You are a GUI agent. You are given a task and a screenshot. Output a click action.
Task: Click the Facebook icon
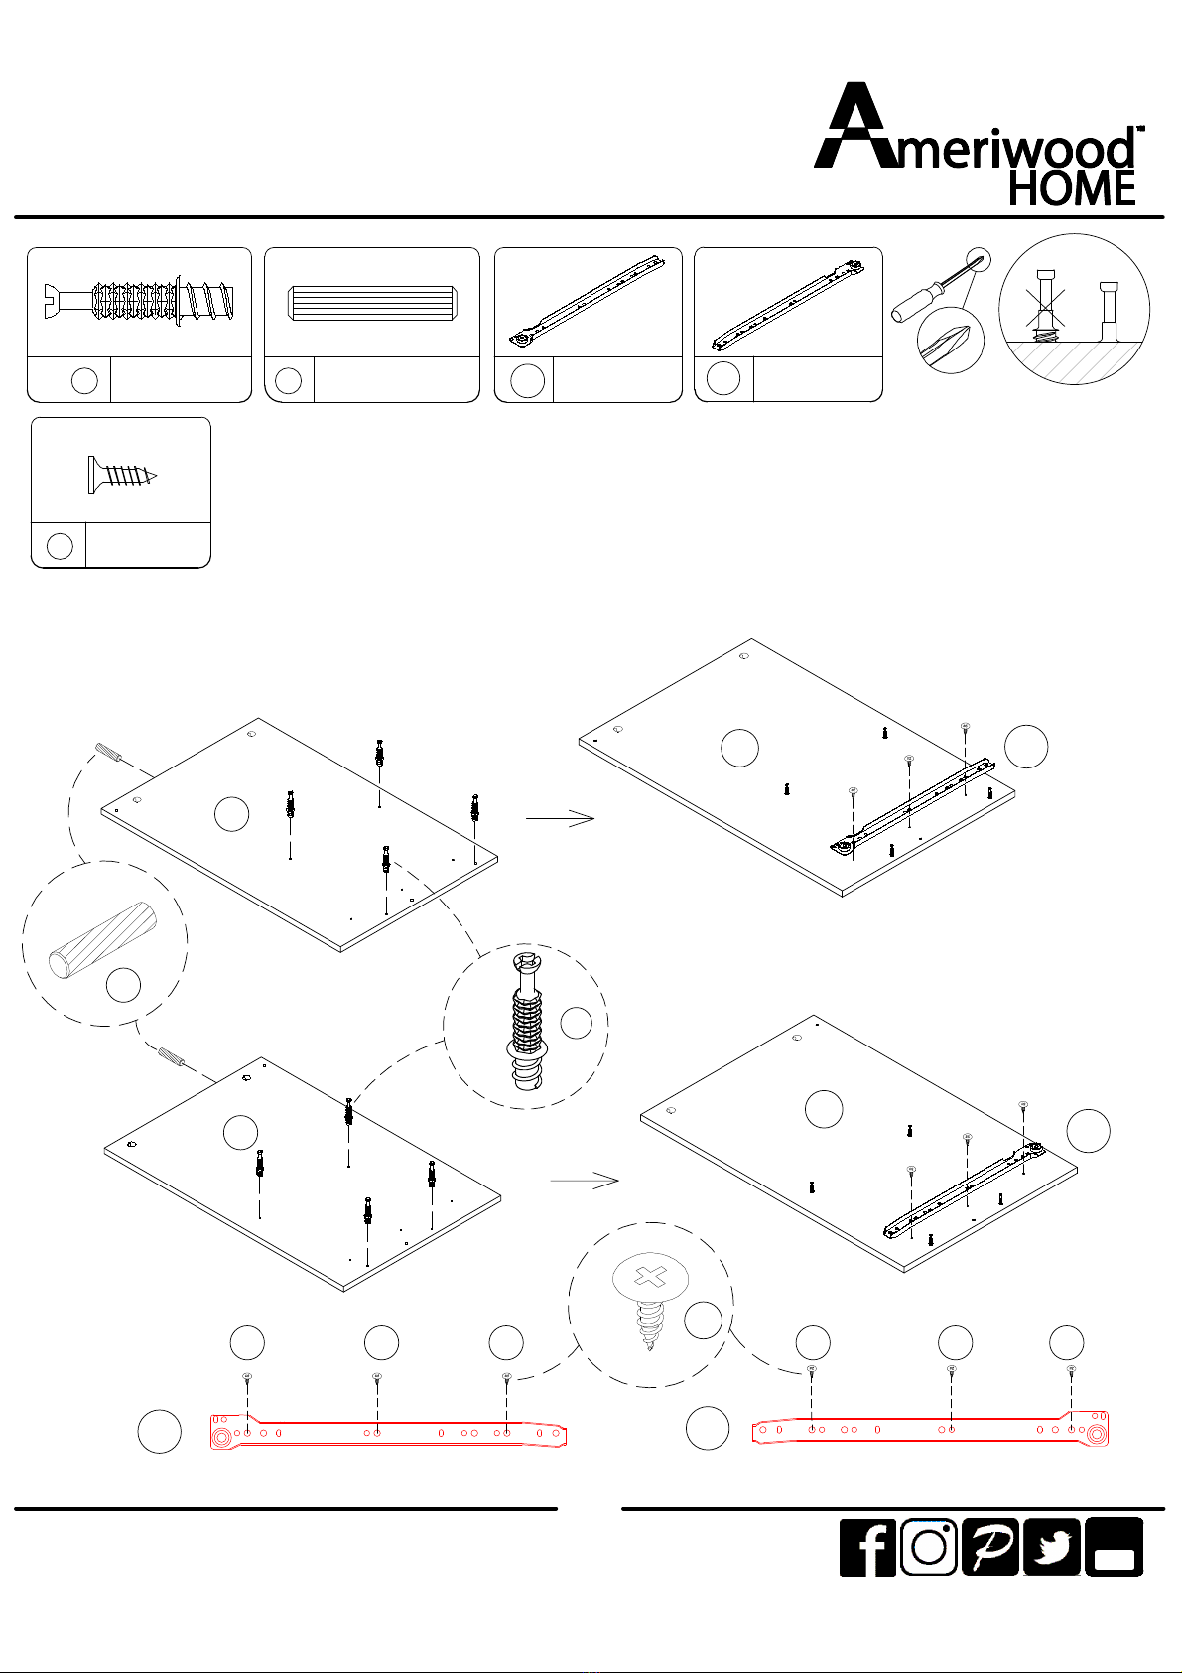point(867,1547)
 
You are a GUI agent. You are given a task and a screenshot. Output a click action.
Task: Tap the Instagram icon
point(928,1547)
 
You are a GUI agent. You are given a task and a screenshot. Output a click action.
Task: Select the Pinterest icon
point(989,1547)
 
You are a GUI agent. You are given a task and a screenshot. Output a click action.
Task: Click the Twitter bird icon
point(1051,1547)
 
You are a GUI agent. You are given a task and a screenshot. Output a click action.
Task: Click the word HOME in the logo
point(1072,188)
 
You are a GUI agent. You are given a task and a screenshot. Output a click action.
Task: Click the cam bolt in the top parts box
point(139,303)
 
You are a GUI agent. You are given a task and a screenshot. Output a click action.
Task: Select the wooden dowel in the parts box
point(372,303)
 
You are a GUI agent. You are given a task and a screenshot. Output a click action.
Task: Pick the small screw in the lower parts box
point(122,475)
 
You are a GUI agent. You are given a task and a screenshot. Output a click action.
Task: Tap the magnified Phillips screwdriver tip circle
point(951,340)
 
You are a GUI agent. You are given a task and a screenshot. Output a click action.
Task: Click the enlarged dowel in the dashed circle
point(103,939)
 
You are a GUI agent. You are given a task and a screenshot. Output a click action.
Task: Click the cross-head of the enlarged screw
point(650,1277)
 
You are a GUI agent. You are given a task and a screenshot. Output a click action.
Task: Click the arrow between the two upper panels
point(560,818)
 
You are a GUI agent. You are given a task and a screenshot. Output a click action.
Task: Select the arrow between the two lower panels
point(584,1181)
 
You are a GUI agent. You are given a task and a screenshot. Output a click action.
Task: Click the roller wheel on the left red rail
point(221,1437)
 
